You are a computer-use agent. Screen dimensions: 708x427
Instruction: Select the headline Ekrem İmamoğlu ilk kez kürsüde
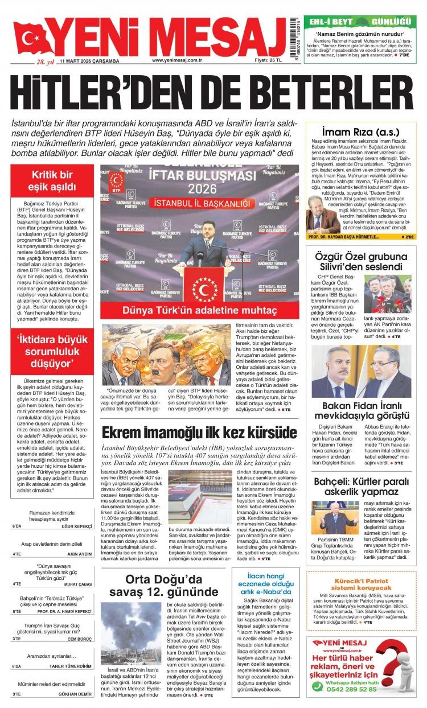click(199, 432)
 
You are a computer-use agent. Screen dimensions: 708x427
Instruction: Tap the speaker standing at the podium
click(204, 248)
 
